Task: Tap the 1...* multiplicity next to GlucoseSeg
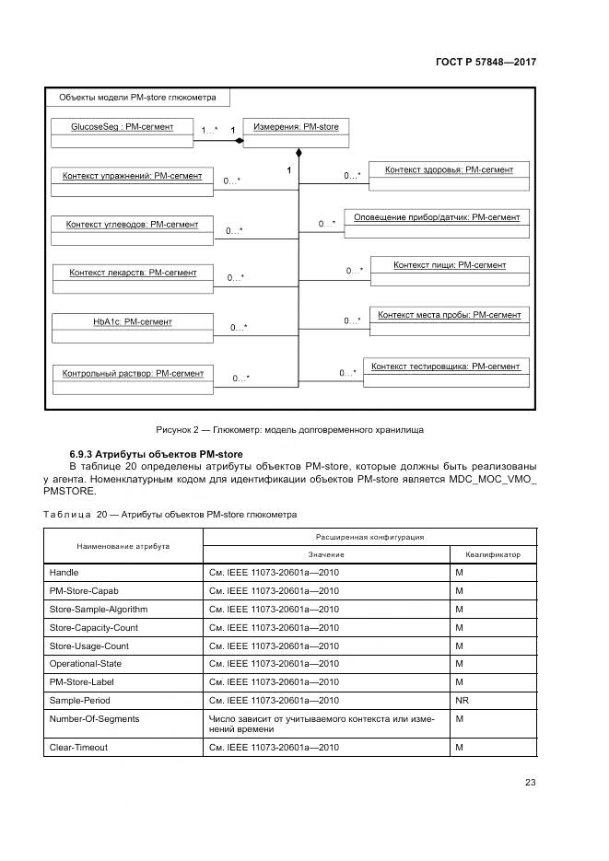209,131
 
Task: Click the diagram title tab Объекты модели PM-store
137,97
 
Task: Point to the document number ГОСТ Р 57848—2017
486,62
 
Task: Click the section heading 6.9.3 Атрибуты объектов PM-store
156,454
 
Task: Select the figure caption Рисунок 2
289,429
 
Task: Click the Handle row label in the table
64,573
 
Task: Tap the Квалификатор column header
493,554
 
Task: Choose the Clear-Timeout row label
78,747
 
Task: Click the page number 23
530,783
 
